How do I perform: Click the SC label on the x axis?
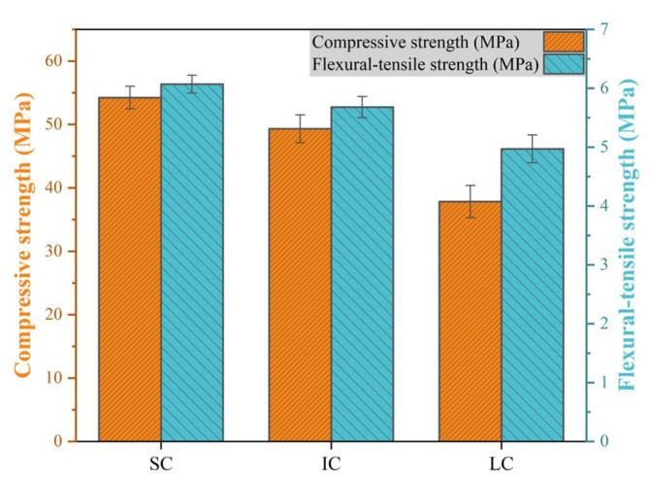(161, 459)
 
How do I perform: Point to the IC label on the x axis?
(331, 459)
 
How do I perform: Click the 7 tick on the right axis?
(603, 29)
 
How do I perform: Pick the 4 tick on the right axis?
(603, 206)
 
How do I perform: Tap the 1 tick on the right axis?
(603, 382)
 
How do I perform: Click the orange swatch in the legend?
(564, 43)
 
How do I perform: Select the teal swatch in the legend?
(564, 65)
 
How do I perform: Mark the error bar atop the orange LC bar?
(470, 201)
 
